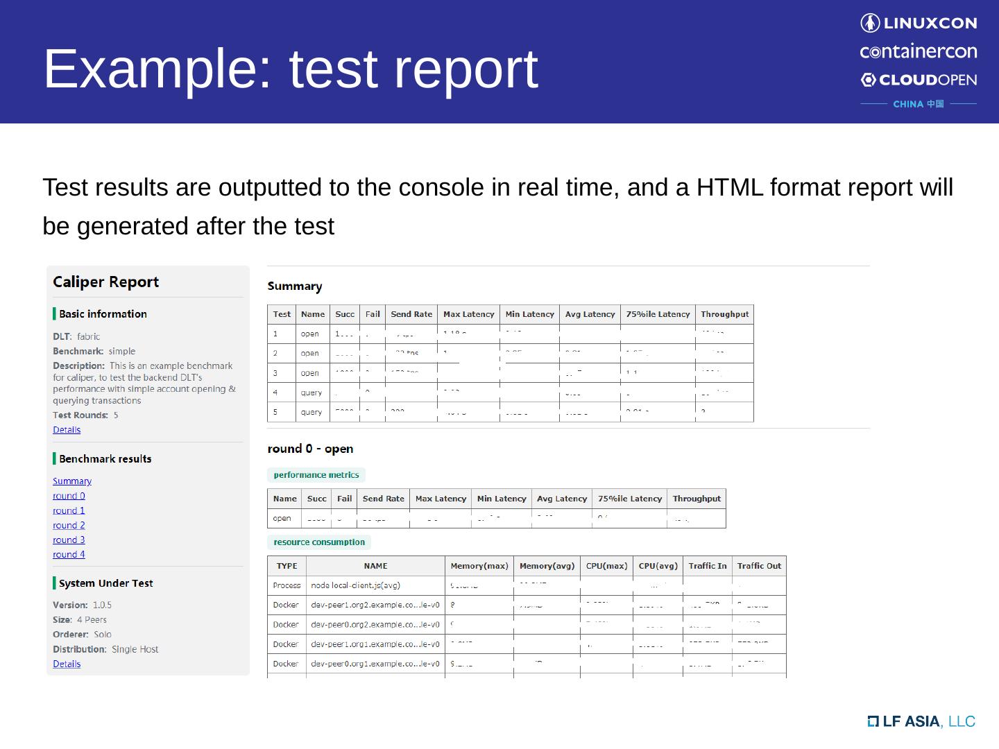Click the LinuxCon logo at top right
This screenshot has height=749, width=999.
pos(918,23)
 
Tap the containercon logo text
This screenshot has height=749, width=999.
pos(918,51)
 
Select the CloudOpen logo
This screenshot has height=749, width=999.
pos(918,80)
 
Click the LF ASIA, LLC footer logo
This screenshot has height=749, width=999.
pos(921,721)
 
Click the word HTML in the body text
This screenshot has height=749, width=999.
pos(730,187)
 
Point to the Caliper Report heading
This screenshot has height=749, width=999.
pos(105,282)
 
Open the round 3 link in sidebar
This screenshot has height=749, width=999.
pos(69,540)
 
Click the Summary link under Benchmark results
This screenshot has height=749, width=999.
pos(71,481)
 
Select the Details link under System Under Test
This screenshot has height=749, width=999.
pos(67,664)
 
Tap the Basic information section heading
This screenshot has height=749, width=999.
pos(103,313)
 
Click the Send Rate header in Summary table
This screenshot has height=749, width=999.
pos(411,314)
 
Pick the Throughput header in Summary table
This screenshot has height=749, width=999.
pos(724,314)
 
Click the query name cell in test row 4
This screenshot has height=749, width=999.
pos(311,393)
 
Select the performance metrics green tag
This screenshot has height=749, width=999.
pos(316,475)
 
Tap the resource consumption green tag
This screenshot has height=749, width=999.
pos(319,542)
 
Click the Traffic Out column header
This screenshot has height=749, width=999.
pos(759,566)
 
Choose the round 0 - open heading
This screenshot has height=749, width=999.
pos(310,449)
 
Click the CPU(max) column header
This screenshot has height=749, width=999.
pos(606,566)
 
